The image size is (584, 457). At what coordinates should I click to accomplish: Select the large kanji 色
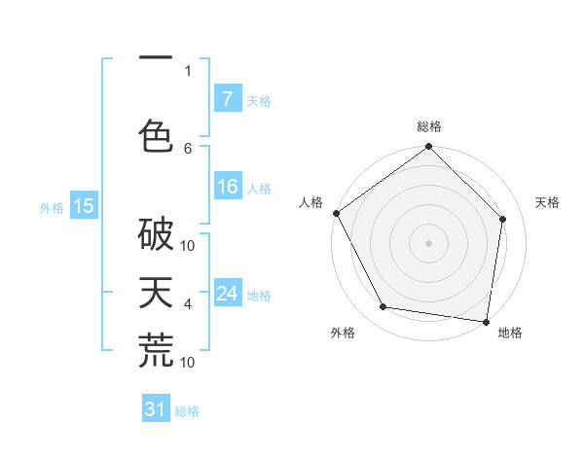coord(156,134)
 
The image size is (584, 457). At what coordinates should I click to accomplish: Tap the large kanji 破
coord(156,234)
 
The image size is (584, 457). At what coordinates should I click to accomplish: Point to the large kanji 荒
coord(156,351)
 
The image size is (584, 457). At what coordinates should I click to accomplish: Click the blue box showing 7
coord(227,99)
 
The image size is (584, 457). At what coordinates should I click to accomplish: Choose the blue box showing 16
coord(227,187)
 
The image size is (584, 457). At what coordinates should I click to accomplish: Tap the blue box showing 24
coord(227,294)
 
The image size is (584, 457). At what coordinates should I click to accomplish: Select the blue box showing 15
coord(83,205)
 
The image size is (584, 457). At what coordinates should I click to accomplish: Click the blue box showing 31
coord(156,409)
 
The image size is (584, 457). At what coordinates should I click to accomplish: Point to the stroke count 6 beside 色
coord(188,148)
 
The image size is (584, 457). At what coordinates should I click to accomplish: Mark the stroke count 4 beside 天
coord(188,304)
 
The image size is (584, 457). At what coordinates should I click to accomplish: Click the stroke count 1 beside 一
coord(188,70)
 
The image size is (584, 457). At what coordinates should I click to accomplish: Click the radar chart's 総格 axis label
coord(429,127)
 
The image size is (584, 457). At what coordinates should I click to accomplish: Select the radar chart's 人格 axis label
coord(311,202)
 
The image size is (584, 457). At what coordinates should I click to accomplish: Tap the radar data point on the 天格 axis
coord(503,219)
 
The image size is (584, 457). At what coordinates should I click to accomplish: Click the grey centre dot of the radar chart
coord(429,242)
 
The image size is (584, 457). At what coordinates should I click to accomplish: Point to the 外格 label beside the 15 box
coord(51,207)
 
